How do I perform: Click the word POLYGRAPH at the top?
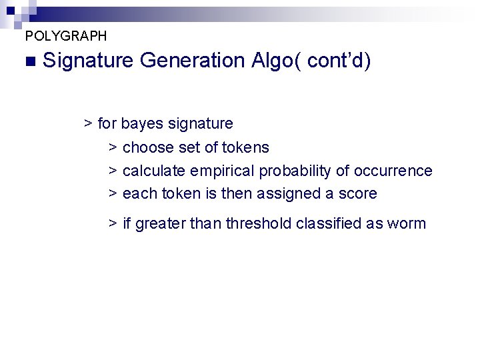65,36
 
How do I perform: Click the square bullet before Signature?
28,61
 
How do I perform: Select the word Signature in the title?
89,61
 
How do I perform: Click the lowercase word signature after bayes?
201,124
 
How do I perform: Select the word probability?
295,171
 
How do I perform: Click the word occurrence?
393,171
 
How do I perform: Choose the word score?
358,194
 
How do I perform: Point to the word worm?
405,223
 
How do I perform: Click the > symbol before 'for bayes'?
88,124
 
